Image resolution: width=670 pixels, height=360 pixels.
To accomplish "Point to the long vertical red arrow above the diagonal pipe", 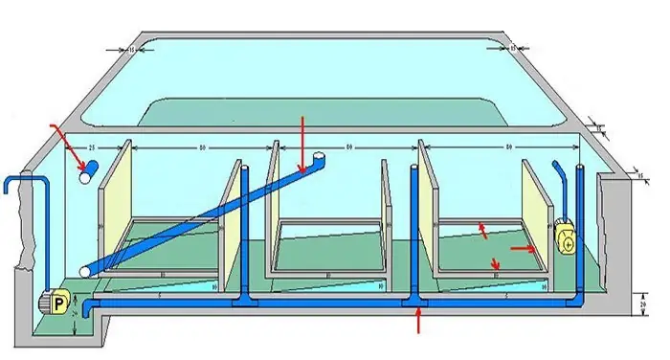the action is pyautogui.click(x=301, y=140).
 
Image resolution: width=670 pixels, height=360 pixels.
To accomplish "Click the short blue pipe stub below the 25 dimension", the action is pyautogui.click(x=89, y=171).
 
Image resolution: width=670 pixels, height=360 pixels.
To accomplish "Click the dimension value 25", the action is pyautogui.click(x=89, y=148).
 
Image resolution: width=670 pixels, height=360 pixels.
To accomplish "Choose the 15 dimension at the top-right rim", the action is pyautogui.click(x=514, y=47).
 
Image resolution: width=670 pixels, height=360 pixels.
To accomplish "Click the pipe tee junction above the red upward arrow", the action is pyautogui.click(x=414, y=303).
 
